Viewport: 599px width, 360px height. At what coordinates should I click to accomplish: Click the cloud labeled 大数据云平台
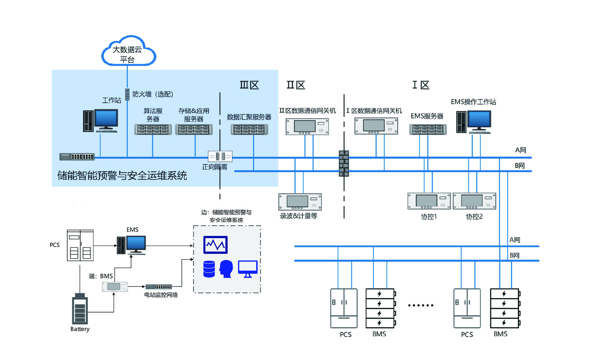click(128, 51)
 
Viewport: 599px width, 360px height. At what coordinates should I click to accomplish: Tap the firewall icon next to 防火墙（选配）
click(127, 94)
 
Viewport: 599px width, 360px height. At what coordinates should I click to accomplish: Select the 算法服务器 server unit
click(153, 129)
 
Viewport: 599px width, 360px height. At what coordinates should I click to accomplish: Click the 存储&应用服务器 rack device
click(194, 129)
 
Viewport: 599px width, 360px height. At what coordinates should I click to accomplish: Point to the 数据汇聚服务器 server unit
click(249, 129)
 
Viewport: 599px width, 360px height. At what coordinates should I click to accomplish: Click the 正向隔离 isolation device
click(220, 156)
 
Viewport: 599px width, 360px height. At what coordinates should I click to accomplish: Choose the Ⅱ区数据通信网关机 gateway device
click(307, 126)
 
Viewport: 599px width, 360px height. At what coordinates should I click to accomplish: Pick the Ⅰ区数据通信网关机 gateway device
click(376, 126)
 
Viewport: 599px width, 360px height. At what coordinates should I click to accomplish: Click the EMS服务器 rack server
click(428, 129)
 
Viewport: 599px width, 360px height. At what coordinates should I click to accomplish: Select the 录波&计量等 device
click(300, 202)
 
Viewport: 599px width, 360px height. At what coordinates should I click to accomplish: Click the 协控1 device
click(429, 201)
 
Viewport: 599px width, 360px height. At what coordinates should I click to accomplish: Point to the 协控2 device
click(474, 201)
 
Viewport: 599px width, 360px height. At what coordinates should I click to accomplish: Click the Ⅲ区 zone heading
click(249, 85)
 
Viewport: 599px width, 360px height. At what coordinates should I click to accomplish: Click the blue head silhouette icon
click(226, 269)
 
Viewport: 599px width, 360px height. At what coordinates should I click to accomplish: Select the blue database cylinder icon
click(209, 269)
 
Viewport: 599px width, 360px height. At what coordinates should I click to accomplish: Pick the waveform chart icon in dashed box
click(215, 245)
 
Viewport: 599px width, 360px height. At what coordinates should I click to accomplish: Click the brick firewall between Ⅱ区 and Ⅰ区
click(344, 163)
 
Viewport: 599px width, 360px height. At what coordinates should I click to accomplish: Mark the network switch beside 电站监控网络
click(158, 287)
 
